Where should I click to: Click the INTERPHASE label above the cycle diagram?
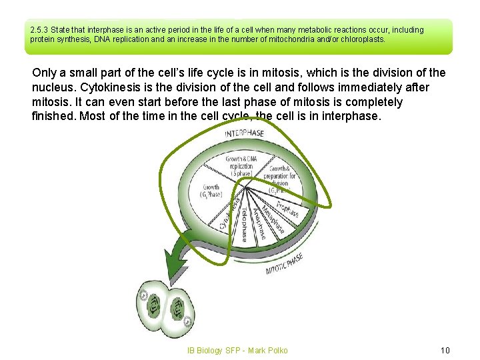pos(243,133)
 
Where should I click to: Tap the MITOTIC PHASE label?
pos(284,263)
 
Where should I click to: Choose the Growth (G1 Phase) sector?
pos(211,191)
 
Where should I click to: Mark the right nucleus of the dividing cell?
pos(178,308)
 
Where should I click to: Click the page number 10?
pos(445,350)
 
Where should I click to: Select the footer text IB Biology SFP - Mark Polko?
pos(237,350)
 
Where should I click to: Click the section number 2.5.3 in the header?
pos(39,30)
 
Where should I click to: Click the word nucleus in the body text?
pos(55,87)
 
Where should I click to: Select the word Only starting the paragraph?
pos(44,73)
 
